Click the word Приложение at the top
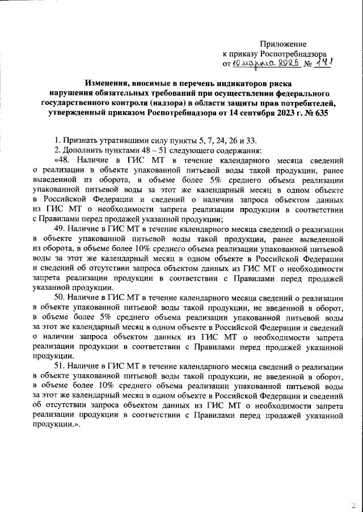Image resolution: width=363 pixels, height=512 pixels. pos(283,44)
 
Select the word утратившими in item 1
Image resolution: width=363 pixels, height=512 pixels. pos(123,139)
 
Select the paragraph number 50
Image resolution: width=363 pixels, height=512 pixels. pos(60,297)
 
